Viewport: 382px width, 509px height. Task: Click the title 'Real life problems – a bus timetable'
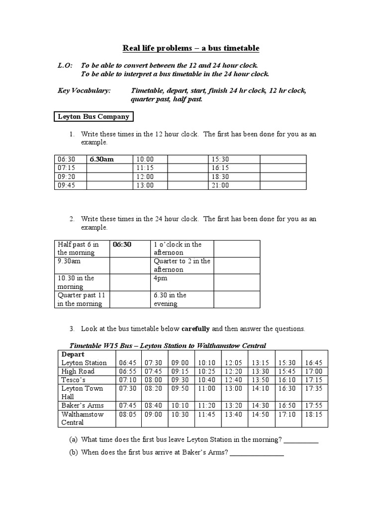click(x=191, y=48)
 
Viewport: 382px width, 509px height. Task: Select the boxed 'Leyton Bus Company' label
click(x=94, y=117)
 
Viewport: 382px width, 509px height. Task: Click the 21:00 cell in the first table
click(x=220, y=185)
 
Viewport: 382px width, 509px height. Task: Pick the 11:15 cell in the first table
click(x=145, y=168)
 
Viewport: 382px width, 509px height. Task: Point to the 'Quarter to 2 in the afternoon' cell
click(x=182, y=265)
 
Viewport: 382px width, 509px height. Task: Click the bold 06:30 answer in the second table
click(x=122, y=245)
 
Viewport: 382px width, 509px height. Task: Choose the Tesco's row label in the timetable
click(x=74, y=380)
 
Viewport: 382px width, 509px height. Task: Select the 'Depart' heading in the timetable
click(x=73, y=354)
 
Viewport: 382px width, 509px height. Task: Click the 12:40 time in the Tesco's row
click(x=233, y=380)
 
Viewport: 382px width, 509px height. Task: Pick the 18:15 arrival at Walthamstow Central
click(x=314, y=414)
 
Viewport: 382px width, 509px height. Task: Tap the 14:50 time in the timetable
click(x=260, y=414)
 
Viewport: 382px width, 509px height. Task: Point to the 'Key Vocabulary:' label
click(x=85, y=90)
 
